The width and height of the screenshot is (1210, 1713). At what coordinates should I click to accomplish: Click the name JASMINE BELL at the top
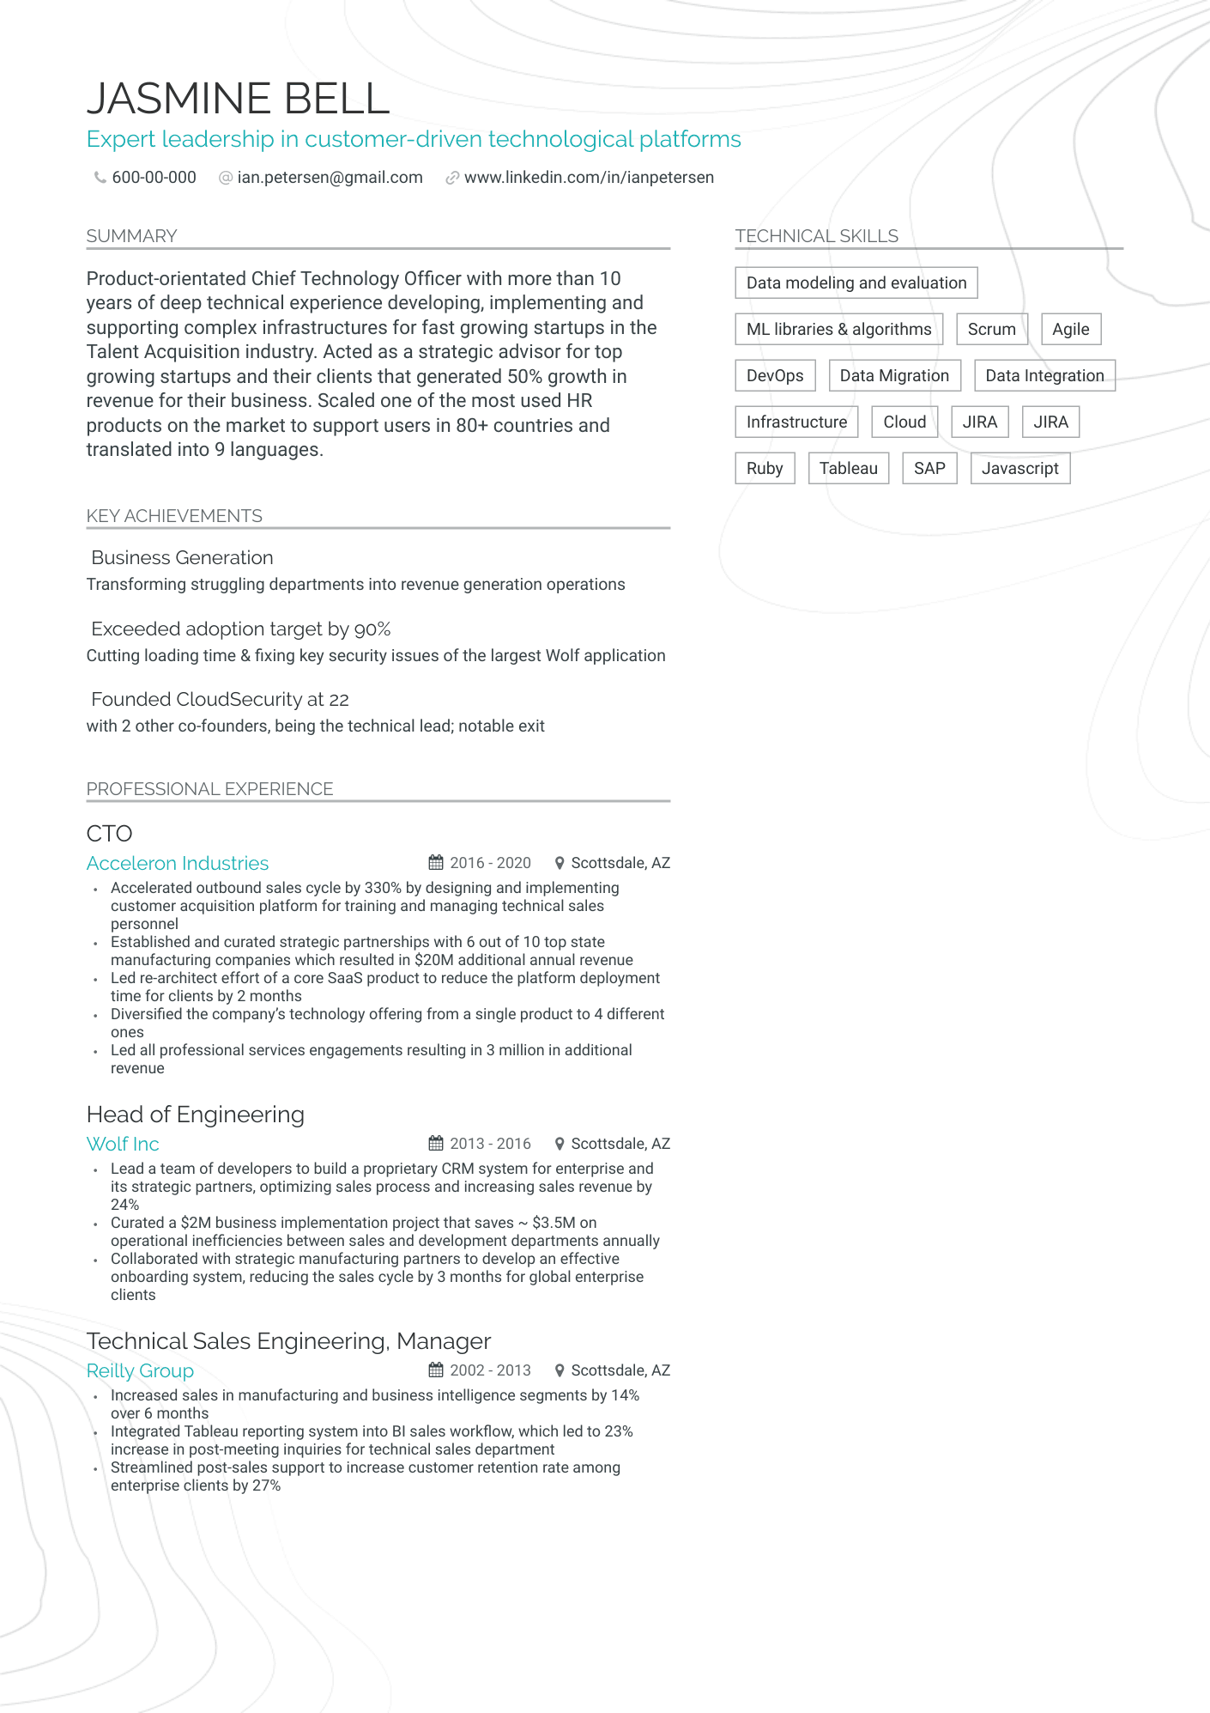coord(238,99)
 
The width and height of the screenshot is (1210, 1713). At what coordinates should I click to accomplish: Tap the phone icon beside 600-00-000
coord(100,178)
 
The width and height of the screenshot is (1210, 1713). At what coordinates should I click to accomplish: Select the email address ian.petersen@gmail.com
coord(330,178)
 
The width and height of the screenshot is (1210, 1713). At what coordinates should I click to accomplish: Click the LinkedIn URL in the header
coord(589,178)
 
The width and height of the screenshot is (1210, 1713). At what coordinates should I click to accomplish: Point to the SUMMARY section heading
coord(131,236)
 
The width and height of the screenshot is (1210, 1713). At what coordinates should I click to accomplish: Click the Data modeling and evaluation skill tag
coord(856,282)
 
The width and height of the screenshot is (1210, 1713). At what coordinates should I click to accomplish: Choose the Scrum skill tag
coord(991,329)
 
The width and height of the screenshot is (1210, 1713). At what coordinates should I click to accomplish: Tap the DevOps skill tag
coord(774,375)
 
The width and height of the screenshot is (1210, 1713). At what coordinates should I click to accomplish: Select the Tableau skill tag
coord(848,468)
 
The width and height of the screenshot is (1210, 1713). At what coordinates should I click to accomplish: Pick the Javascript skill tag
coord(1019,468)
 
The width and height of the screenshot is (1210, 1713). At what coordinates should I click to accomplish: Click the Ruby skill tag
coord(764,468)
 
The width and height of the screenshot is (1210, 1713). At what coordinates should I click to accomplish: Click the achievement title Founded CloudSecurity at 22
coord(220,699)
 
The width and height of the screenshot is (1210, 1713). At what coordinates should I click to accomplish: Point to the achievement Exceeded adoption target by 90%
coord(240,629)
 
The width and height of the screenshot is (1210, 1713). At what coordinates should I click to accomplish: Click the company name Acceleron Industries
coord(178,863)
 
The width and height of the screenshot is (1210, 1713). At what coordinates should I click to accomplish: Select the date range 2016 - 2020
coord(490,863)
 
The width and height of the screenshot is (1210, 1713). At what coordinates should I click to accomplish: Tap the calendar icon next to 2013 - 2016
coord(436,1144)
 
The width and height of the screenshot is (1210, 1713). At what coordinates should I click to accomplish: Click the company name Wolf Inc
coord(123,1144)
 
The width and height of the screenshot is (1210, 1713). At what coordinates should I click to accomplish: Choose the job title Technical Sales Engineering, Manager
coord(288,1341)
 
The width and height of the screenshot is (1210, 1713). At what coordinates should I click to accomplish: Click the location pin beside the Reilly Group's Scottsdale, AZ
coord(560,1370)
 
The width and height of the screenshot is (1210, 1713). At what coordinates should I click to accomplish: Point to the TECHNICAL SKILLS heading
coord(816,236)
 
